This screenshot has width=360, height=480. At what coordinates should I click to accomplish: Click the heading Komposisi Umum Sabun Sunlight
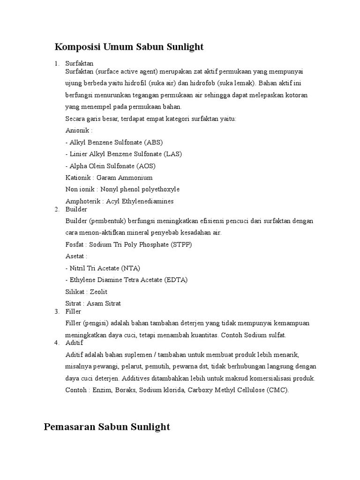(x=129, y=47)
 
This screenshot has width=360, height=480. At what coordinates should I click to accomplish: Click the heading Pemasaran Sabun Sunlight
(x=107, y=427)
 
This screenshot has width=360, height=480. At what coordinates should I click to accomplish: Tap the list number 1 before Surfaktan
(x=56, y=63)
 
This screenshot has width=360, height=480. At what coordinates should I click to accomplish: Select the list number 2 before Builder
(x=56, y=209)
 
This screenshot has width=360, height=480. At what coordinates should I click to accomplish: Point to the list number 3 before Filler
(x=56, y=311)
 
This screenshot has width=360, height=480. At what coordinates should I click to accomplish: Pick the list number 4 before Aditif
(x=56, y=343)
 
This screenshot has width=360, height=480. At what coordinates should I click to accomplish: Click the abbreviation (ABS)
(x=154, y=142)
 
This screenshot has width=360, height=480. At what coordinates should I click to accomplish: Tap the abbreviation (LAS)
(x=172, y=154)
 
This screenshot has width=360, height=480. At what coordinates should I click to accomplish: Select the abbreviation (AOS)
(x=146, y=166)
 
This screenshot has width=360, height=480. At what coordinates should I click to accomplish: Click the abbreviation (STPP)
(x=180, y=245)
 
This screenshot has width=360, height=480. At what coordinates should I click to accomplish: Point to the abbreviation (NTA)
(x=131, y=268)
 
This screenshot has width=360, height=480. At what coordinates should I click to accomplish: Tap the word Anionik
(x=77, y=130)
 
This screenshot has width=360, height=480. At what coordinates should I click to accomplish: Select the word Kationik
(x=78, y=178)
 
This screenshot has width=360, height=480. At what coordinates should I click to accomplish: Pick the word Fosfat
(x=75, y=245)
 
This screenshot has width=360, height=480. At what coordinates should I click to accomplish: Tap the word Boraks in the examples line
(x=124, y=390)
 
